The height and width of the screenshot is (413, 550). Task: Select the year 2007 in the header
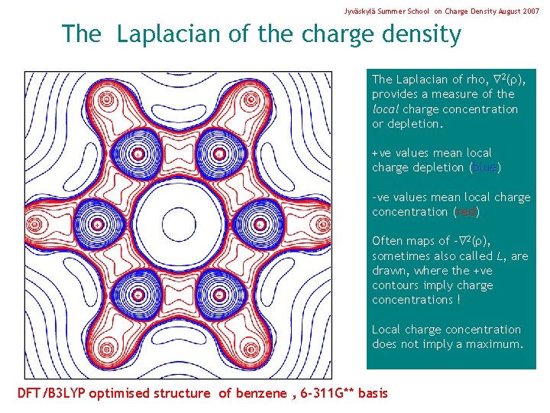tap(529, 12)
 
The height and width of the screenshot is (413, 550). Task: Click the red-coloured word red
tap(465, 212)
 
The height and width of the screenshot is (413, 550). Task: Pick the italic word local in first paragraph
tap(386, 109)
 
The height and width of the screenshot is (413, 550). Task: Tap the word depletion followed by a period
tap(417, 124)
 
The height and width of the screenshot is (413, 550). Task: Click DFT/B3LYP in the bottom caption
tap(51, 394)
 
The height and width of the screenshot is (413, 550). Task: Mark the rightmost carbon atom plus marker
tap(260, 225)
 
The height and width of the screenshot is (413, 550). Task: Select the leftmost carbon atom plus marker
tap(98, 225)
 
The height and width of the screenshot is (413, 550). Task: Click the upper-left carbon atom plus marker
tap(138, 154)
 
